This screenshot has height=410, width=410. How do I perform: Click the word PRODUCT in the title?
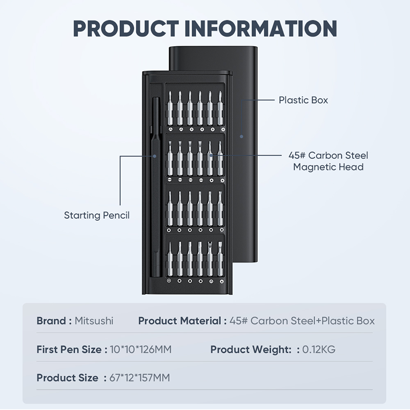[126, 29]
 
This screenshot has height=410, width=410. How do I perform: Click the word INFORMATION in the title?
[261, 29]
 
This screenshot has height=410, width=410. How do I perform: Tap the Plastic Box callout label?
[303, 100]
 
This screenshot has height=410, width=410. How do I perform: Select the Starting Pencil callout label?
[97, 215]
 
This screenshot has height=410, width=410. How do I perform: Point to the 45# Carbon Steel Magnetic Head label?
[328, 161]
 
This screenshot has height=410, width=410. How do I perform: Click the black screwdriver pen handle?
[156, 187]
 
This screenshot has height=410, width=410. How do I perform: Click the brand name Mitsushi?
[94, 321]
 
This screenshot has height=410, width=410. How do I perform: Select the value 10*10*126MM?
[140, 350]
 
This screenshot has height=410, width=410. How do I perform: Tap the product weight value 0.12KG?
[319, 350]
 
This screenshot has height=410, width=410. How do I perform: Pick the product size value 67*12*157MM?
[139, 378]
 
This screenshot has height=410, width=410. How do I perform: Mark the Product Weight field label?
[251, 350]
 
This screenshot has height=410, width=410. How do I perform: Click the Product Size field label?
[68, 378]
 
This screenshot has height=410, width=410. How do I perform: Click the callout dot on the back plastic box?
[241, 136]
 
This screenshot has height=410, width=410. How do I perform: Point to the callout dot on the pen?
[155, 156]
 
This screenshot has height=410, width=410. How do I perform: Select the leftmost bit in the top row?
[170, 108]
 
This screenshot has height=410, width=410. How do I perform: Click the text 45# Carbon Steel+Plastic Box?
[302, 321]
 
